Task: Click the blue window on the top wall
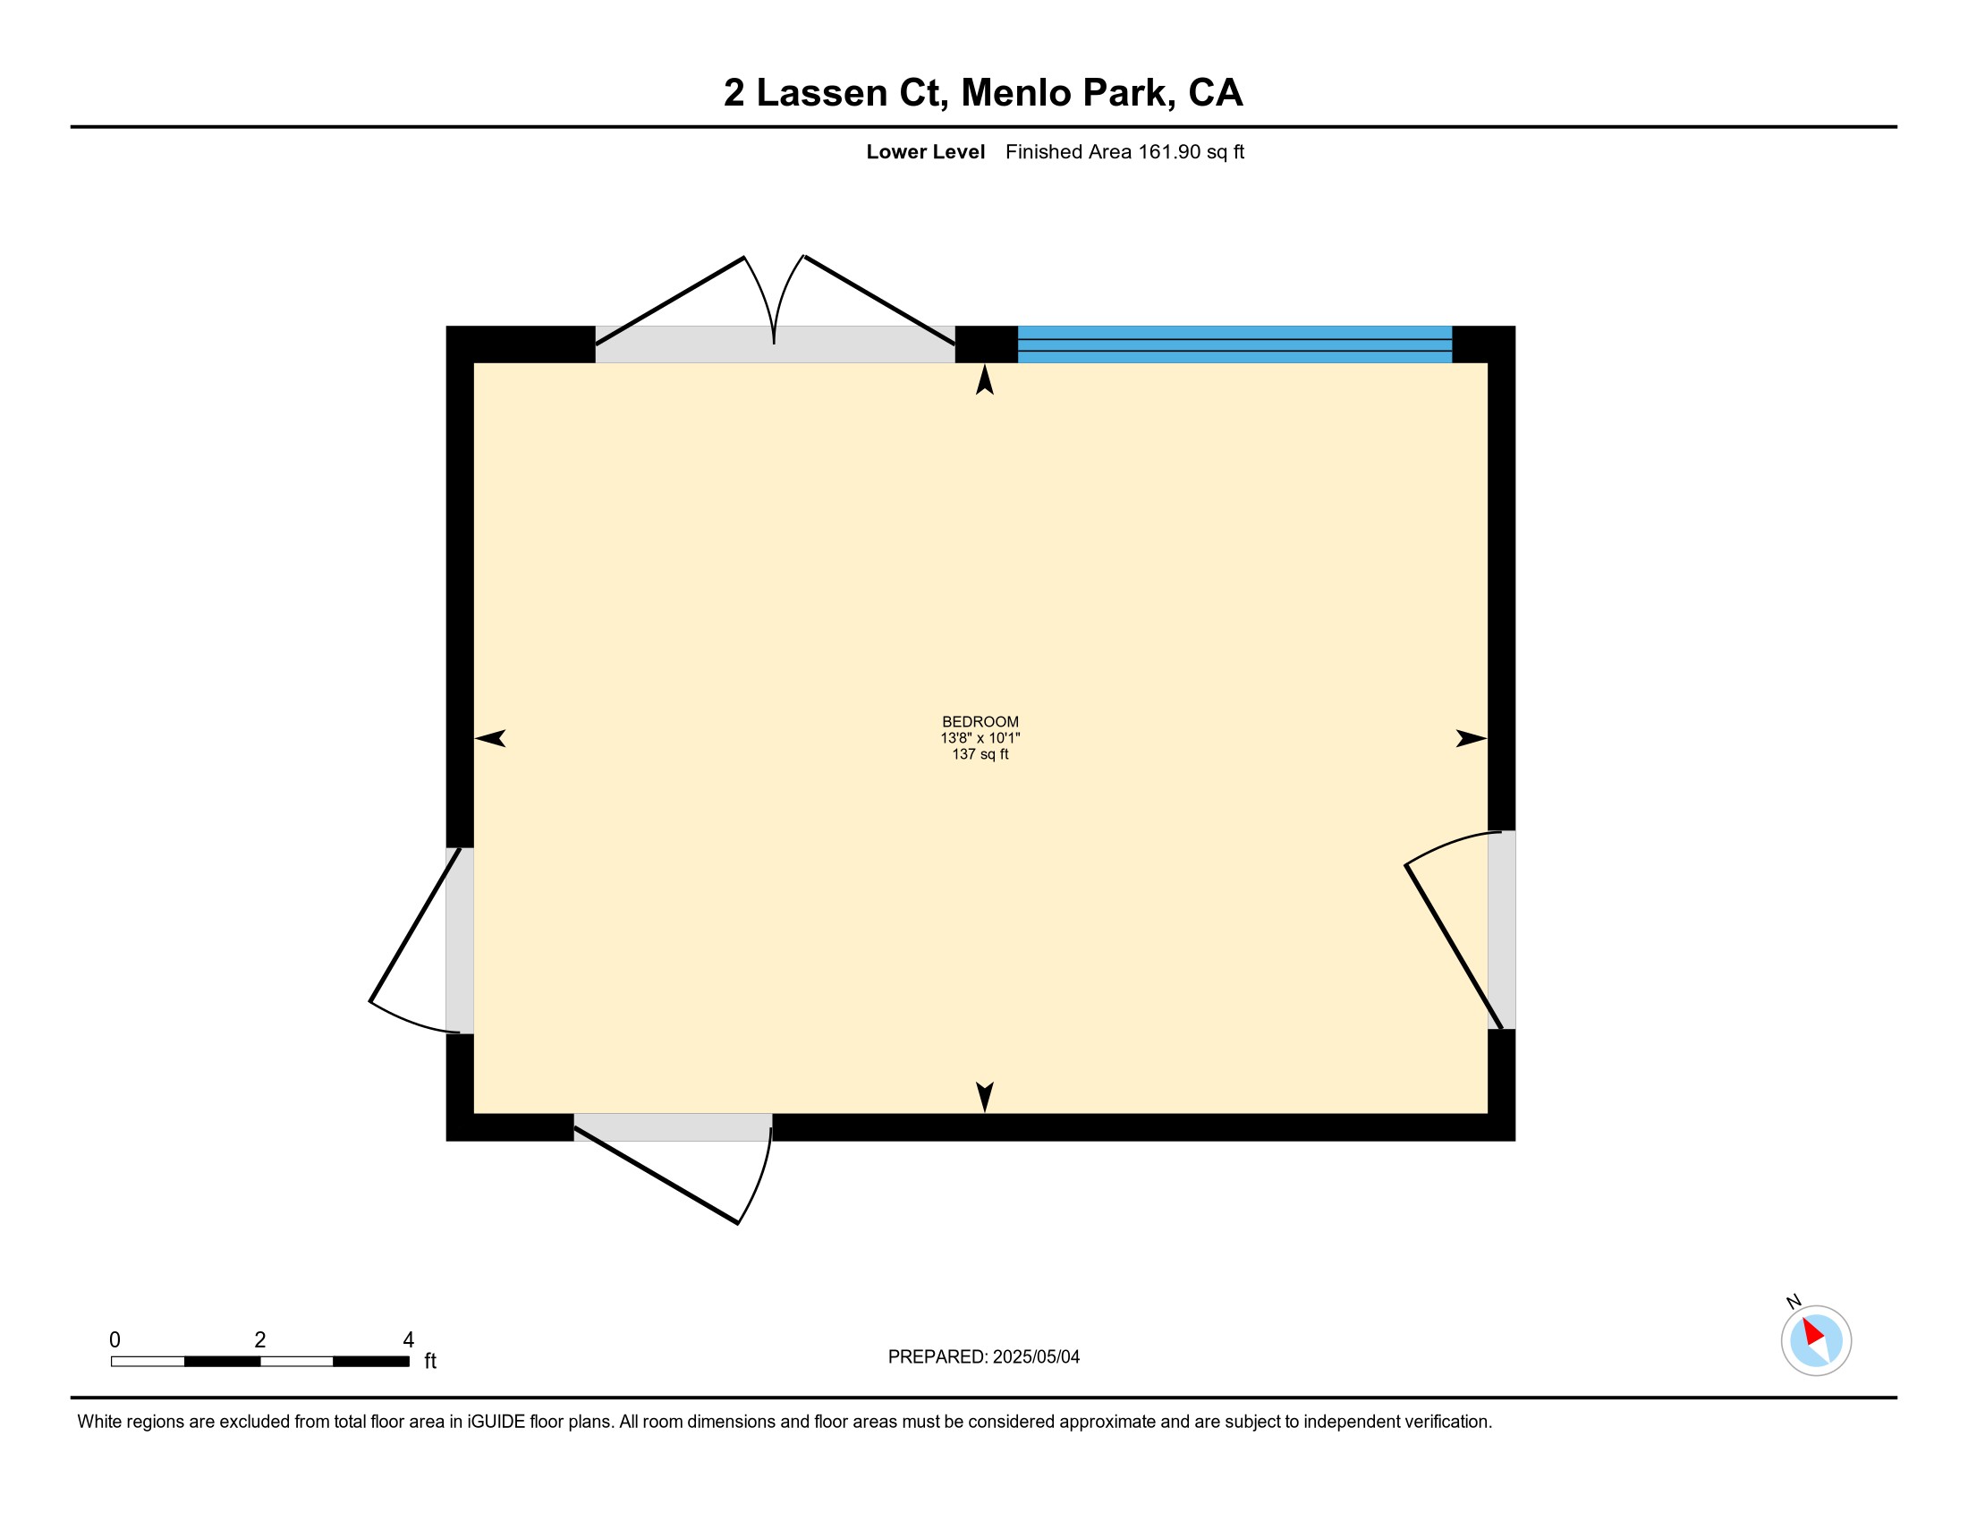coord(1234,344)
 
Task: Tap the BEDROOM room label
coord(980,722)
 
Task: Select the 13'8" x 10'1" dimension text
coord(980,738)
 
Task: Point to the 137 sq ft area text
coord(980,754)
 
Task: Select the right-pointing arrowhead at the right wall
coord(1472,739)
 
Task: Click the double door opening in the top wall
coord(775,344)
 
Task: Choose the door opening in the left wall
coord(460,940)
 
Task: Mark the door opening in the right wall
coord(1501,930)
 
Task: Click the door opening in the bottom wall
coord(673,1127)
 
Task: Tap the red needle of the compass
coord(1813,1332)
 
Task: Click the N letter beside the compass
coord(1794,1301)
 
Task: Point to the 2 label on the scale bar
coord(260,1340)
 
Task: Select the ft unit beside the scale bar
coord(431,1361)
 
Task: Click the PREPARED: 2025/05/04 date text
coord(984,1357)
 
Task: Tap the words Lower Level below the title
coord(926,152)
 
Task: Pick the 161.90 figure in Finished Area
coord(1170,152)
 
